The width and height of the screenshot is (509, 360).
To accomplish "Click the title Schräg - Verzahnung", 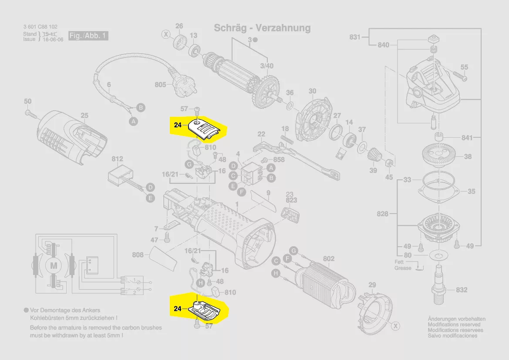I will pos(262,28).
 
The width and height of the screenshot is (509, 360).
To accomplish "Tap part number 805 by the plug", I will pos(160,85).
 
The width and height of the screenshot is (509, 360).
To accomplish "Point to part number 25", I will pos(84,115).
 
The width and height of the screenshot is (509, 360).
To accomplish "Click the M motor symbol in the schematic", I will pos(54,265).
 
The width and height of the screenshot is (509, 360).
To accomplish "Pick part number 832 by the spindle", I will pos(462,290).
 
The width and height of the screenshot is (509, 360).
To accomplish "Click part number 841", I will pos(467,138).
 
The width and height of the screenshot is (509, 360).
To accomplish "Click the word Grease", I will pos(403,268).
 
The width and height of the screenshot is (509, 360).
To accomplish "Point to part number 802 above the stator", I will pos(329,259).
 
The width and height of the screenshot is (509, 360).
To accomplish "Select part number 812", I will pos(118,159).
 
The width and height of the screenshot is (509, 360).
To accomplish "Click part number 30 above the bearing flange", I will pos(312,91).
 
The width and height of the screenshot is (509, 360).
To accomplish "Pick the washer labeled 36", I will pos(290,106).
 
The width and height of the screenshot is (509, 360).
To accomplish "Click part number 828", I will pos(382,214).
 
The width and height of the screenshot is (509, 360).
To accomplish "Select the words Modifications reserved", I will pos(454,325).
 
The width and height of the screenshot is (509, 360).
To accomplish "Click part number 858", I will pos(279,160).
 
